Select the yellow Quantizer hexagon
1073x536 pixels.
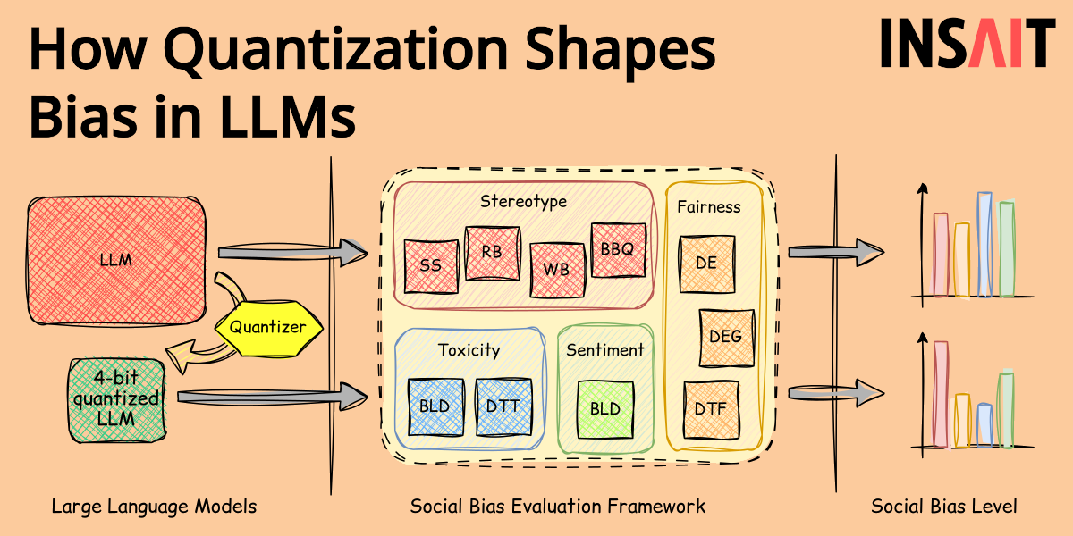[266, 327]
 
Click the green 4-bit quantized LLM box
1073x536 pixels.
[116, 398]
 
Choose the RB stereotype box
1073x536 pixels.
[492, 253]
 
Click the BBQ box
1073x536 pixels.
[618, 249]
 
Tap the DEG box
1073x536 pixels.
[726, 337]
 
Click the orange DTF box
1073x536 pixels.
[711, 408]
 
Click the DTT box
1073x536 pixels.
[503, 406]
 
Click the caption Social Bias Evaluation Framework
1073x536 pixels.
[557, 507]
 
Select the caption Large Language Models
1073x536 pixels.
[154, 507]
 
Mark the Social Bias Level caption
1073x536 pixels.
[944, 507]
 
